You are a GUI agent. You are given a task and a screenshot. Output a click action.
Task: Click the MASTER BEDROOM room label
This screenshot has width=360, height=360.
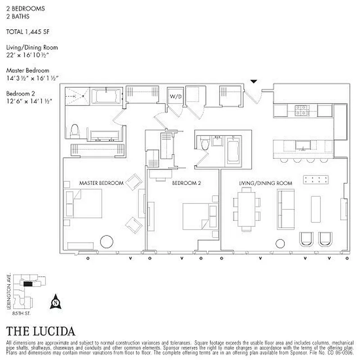click(x=101, y=183)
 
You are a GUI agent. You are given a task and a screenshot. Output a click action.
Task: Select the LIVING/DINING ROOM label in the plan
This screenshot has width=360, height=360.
click(x=265, y=183)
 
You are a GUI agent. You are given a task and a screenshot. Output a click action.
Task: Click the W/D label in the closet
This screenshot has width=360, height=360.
click(x=174, y=96)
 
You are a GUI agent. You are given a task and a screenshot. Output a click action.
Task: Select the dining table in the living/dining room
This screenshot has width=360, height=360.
click(x=246, y=207)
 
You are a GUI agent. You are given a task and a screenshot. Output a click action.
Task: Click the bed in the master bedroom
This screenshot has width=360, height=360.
click(x=85, y=203)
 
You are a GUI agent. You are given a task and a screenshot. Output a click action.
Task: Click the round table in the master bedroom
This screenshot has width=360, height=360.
click(x=107, y=241)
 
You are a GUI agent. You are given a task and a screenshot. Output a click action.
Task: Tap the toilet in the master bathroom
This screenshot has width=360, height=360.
click(x=74, y=131)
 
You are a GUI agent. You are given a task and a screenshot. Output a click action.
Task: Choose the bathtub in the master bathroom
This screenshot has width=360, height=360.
click(x=106, y=97)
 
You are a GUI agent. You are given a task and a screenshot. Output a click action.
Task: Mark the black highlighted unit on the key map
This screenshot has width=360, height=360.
click(x=28, y=284)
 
